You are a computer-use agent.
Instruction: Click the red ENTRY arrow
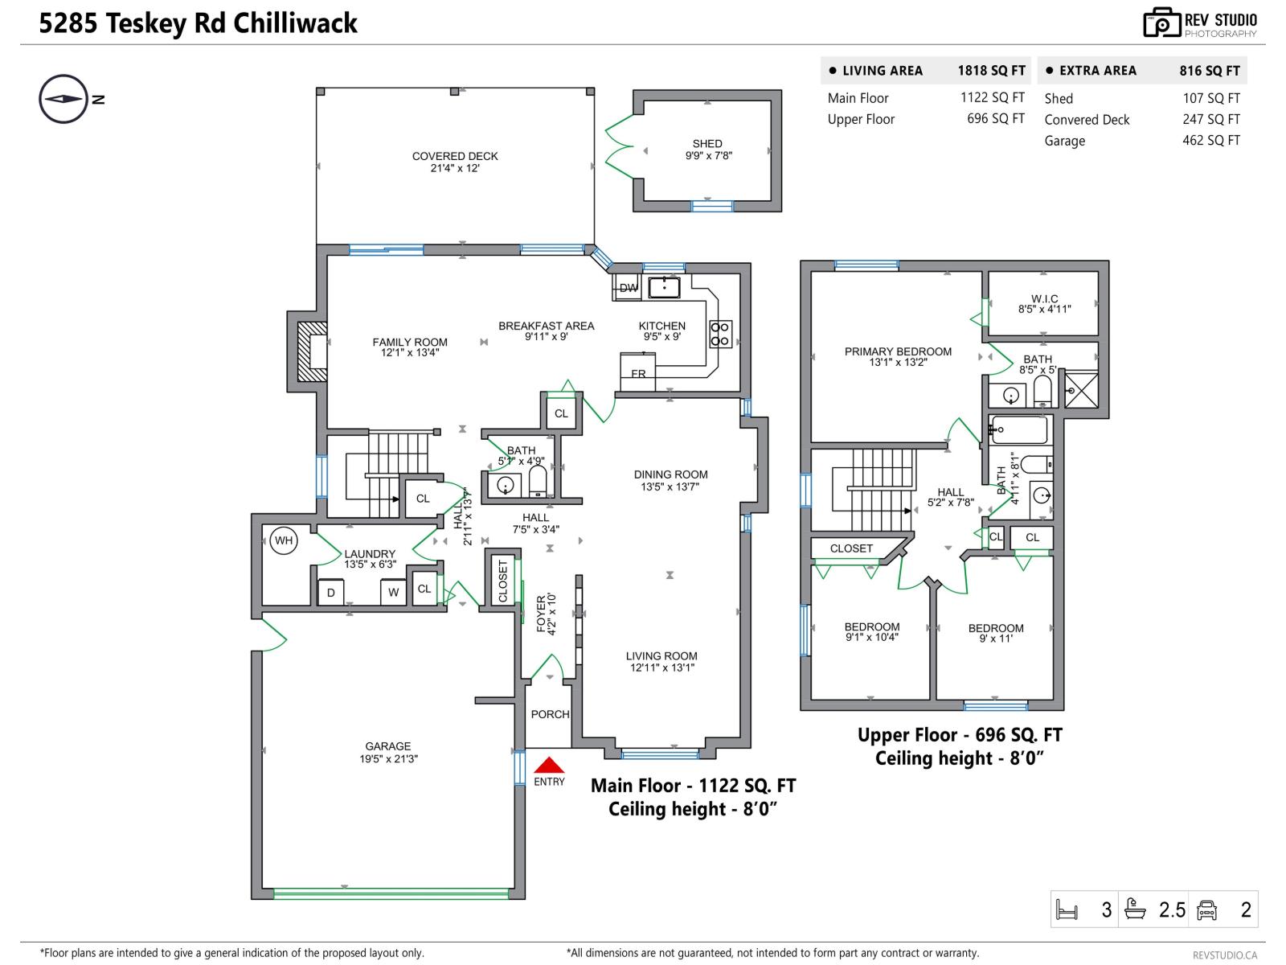(x=549, y=765)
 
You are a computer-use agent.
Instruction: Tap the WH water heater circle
(x=284, y=540)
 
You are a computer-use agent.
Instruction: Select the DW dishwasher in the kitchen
(x=628, y=288)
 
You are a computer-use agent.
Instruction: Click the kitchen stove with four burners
(x=720, y=334)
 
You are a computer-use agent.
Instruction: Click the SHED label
(x=707, y=144)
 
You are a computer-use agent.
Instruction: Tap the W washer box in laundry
(x=393, y=593)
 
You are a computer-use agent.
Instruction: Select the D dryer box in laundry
(x=330, y=593)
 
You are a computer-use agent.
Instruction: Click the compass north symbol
(x=63, y=99)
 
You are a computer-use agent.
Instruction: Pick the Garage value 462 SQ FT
(x=1210, y=141)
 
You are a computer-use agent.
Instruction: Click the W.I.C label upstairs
(x=1044, y=298)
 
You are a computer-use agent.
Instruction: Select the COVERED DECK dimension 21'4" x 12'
(x=455, y=168)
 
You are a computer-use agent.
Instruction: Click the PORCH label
(x=550, y=714)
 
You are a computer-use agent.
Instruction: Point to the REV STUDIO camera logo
(x=1161, y=23)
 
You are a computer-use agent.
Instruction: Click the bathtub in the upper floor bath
(x=1019, y=430)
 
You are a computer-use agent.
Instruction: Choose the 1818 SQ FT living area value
(x=991, y=71)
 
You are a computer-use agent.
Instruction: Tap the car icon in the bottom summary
(x=1206, y=910)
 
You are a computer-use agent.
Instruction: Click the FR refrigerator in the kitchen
(x=638, y=373)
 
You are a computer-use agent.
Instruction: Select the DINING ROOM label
(x=670, y=474)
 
